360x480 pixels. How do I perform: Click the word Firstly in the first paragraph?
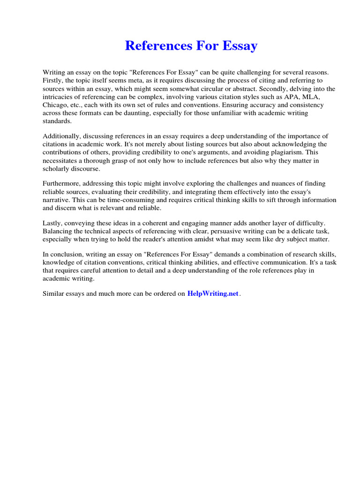point(52,80)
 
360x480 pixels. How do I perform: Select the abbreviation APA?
point(283,96)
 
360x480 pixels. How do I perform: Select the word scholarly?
point(56,168)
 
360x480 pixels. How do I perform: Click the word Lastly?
point(52,223)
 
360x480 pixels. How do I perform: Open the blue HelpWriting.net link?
point(213,294)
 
